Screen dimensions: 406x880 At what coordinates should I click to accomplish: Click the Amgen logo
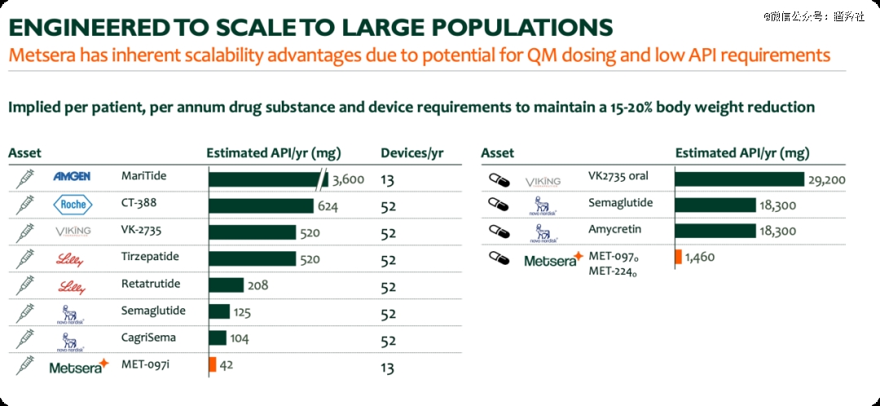click(72, 176)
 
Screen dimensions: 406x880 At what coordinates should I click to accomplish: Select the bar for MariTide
click(265, 179)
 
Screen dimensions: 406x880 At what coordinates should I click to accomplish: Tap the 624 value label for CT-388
click(328, 206)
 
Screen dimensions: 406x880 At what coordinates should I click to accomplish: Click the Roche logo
click(73, 205)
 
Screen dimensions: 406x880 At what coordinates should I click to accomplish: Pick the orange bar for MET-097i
click(213, 364)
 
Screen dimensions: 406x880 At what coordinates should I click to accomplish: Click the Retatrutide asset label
click(151, 285)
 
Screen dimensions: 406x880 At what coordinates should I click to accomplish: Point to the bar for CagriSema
click(218, 338)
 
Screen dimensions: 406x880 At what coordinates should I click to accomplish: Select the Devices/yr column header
click(412, 153)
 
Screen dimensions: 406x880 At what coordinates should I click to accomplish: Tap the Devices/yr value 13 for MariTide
click(388, 180)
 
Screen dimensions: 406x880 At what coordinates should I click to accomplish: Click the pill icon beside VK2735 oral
click(498, 179)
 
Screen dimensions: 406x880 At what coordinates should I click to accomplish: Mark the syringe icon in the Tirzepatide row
click(25, 259)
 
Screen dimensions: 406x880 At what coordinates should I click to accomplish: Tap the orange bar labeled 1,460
click(678, 258)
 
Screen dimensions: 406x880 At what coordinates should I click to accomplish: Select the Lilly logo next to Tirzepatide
click(71, 260)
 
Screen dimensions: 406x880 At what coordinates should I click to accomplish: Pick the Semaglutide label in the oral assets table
click(620, 203)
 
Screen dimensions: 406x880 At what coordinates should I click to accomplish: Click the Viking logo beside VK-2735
click(73, 232)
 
